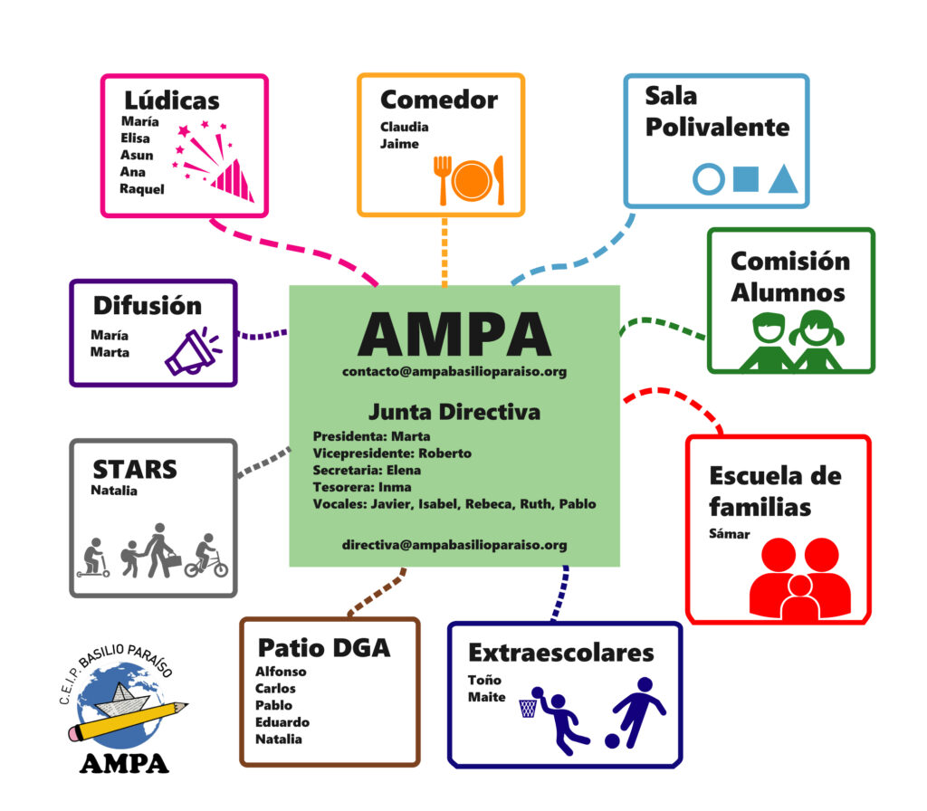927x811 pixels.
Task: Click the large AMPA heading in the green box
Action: tap(454, 334)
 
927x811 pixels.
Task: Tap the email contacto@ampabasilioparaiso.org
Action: tap(454, 372)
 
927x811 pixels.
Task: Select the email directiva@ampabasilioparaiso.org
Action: tap(454, 545)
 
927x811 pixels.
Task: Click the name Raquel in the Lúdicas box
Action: tap(142, 189)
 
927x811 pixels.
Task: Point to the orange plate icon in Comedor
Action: tap(472, 180)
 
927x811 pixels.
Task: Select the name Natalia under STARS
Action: tap(114, 491)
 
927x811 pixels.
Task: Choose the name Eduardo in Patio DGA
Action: tap(282, 722)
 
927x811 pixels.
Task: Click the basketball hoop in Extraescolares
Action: tap(528, 708)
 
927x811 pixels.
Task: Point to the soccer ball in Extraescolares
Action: tap(612, 741)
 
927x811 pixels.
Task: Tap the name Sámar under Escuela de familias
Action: tap(730, 534)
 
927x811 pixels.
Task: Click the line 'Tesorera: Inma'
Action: tap(362, 487)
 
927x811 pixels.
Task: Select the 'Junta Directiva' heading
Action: tap(454, 412)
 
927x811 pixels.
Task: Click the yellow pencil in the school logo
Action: tap(128, 721)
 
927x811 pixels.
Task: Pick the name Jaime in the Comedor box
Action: tap(399, 144)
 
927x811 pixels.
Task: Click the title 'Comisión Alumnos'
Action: tap(789, 277)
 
